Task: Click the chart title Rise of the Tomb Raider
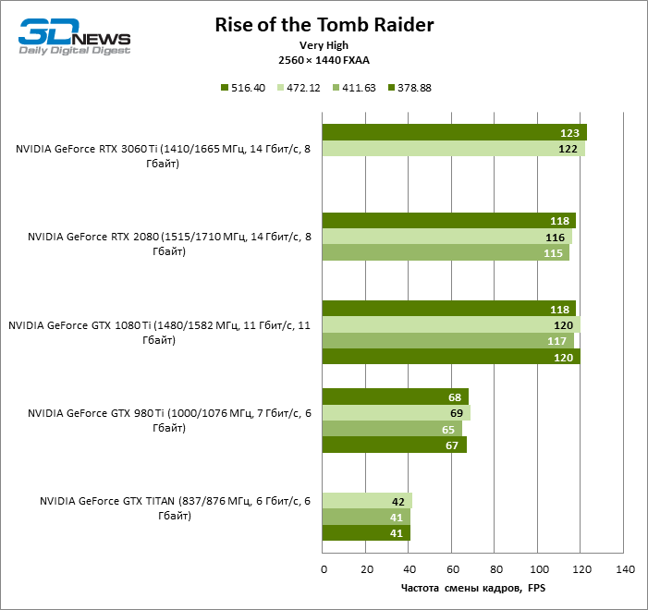(323, 24)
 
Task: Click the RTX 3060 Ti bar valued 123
(454, 132)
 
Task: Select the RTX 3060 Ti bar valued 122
(453, 149)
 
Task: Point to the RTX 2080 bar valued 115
(446, 253)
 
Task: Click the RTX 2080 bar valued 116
(446, 237)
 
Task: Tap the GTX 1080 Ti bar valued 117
(447, 341)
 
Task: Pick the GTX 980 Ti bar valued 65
(392, 429)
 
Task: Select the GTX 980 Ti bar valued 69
(396, 412)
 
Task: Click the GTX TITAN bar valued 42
(367, 501)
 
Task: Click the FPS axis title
(473, 588)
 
